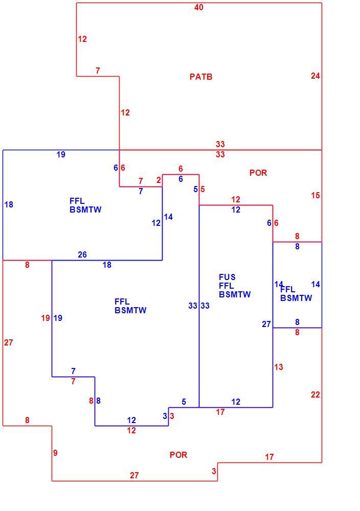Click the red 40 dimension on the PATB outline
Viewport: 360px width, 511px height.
pos(198,7)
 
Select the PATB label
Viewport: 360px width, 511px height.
pos(201,77)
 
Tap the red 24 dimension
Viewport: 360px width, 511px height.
pos(316,76)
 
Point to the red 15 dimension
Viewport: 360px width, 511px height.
pos(316,196)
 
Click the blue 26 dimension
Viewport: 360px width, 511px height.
pos(82,254)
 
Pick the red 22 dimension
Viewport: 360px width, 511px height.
pos(316,395)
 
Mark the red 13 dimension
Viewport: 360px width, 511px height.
pos(279,367)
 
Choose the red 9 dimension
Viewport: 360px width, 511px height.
pos(55,453)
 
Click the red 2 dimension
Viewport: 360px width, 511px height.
pos(159,180)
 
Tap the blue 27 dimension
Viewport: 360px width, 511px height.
pos(266,324)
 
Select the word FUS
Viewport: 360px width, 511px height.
pos(227,277)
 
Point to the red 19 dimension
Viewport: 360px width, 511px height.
pos(46,318)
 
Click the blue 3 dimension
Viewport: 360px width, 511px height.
pos(165,416)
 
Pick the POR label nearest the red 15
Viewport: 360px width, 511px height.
pos(258,173)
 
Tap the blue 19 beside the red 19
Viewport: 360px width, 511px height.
pos(58,318)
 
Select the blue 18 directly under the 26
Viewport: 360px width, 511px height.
pos(107,265)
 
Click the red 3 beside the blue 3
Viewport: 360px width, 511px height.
pos(172,416)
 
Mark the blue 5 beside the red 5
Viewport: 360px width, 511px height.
pos(196,190)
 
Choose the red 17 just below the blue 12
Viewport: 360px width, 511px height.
pos(220,412)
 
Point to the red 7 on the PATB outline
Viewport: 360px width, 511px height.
pos(98,71)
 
